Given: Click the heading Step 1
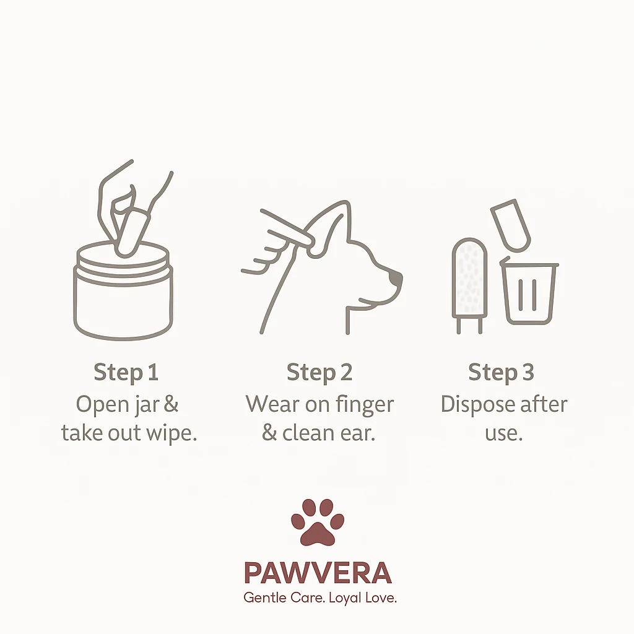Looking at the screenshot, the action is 126,372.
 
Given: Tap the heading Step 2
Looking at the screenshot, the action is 319,372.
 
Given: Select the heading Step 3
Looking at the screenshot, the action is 501,372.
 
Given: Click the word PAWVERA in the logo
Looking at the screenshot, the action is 318,573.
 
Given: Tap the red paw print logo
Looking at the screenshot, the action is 318,522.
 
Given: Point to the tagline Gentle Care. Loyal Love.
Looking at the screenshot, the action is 320,597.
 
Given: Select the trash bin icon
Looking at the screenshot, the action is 529,291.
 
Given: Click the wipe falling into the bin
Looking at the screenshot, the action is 511,225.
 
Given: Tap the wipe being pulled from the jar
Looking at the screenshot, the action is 131,233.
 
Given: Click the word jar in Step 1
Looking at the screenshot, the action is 147,405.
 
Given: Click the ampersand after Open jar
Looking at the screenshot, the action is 171,404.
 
